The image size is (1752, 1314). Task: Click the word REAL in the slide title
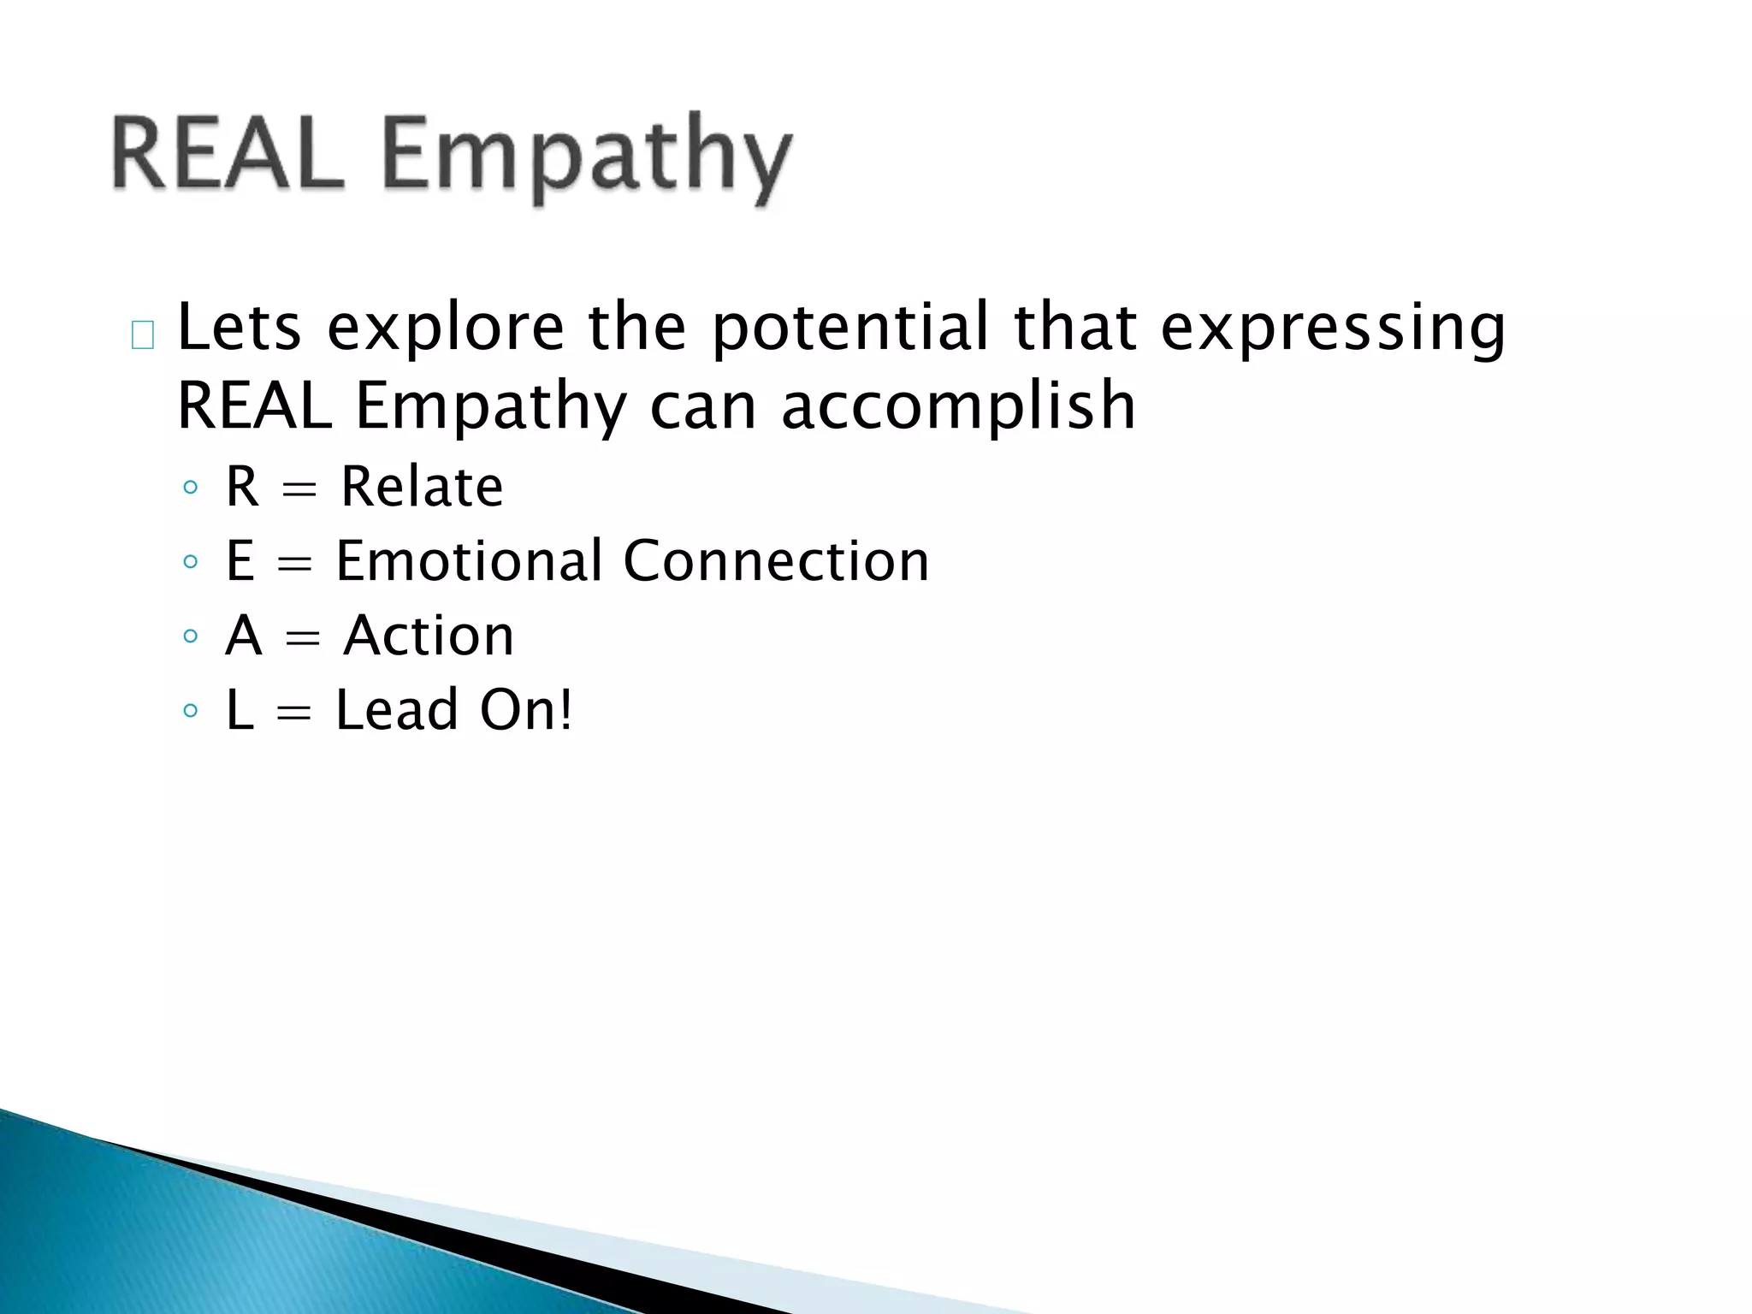pos(227,154)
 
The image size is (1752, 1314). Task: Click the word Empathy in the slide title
pos(587,158)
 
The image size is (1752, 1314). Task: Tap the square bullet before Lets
pos(143,335)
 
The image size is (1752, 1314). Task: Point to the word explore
pos(446,329)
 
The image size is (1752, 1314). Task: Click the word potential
pos(849,329)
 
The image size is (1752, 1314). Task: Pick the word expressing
pos(1332,329)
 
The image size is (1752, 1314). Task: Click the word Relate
pos(422,487)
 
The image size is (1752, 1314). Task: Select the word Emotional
pos(470,561)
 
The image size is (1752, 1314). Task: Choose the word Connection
pos(776,561)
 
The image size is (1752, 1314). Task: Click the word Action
pos(429,636)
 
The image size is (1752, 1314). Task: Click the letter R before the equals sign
pos(242,487)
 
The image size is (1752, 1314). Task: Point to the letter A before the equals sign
pos(243,636)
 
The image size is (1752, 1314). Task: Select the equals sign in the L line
pos(294,713)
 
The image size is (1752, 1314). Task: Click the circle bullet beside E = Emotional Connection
pos(191,563)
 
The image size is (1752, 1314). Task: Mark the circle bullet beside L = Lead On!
pos(191,711)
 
